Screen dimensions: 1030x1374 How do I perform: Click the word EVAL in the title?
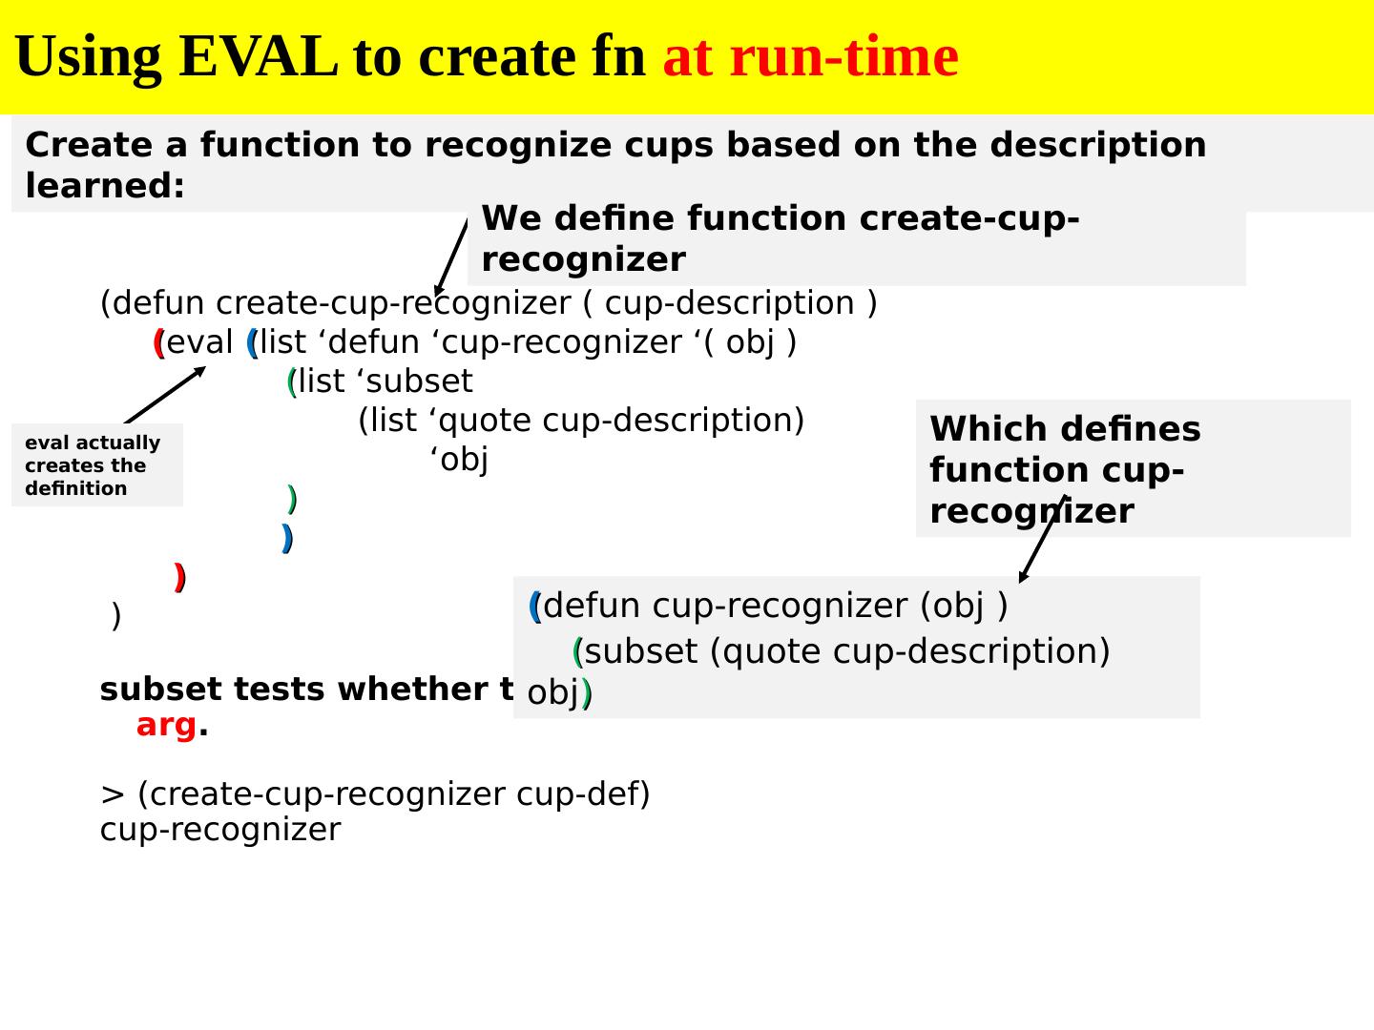click(x=257, y=56)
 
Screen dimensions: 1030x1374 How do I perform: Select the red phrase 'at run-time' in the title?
click(x=810, y=56)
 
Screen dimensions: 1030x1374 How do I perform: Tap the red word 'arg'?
click(x=166, y=725)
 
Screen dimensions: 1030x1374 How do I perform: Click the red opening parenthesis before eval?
click(x=158, y=342)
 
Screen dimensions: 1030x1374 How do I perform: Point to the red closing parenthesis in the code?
click(x=179, y=577)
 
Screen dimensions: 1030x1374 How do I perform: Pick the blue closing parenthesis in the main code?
click(x=287, y=538)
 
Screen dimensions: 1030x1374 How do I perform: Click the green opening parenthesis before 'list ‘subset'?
click(x=291, y=381)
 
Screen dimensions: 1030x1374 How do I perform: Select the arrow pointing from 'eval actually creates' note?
click(x=164, y=395)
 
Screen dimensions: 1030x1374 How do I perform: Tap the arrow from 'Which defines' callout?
click(x=1041, y=539)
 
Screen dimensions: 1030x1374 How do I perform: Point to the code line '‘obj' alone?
click(x=459, y=460)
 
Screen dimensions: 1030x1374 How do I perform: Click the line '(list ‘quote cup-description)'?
click(x=581, y=421)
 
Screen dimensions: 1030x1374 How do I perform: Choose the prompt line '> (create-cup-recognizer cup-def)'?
click(x=375, y=793)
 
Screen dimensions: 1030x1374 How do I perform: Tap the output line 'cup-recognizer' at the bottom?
click(x=219, y=830)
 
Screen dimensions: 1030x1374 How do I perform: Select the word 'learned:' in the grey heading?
click(x=105, y=186)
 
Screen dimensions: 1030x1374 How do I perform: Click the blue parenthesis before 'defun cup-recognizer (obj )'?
click(x=534, y=607)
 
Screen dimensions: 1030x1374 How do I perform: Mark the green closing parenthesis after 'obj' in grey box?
click(x=587, y=692)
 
